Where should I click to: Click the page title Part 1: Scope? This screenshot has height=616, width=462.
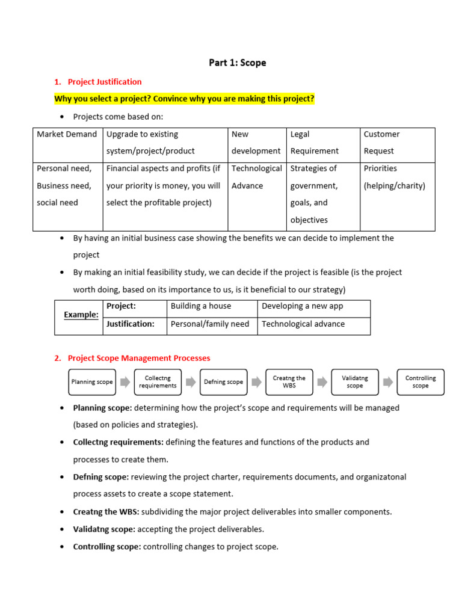click(237, 63)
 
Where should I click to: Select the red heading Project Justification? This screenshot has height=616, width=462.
click(105, 82)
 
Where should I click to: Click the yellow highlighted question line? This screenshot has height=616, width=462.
click(184, 99)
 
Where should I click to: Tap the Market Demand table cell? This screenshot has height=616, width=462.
click(67, 135)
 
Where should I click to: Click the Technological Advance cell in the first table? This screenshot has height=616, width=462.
click(257, 177)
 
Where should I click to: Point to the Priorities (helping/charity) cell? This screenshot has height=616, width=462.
click(395, 177)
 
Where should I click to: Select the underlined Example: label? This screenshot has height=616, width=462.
click(81, 315)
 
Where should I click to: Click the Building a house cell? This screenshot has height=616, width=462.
click(201, 306)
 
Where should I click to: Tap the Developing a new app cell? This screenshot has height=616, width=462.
click(303, 306)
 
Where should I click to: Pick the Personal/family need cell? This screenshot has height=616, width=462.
click(210, 324)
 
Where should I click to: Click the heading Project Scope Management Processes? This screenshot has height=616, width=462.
click(139, 358)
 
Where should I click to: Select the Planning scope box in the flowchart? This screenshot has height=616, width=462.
click(92, 382)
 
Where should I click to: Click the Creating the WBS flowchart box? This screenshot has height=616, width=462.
click(289, 382)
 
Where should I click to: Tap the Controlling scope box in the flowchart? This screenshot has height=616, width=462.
click(420, 382)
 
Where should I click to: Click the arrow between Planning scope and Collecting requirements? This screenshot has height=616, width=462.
click(125, 382)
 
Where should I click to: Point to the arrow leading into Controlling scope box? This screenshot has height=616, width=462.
click(388, 382)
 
